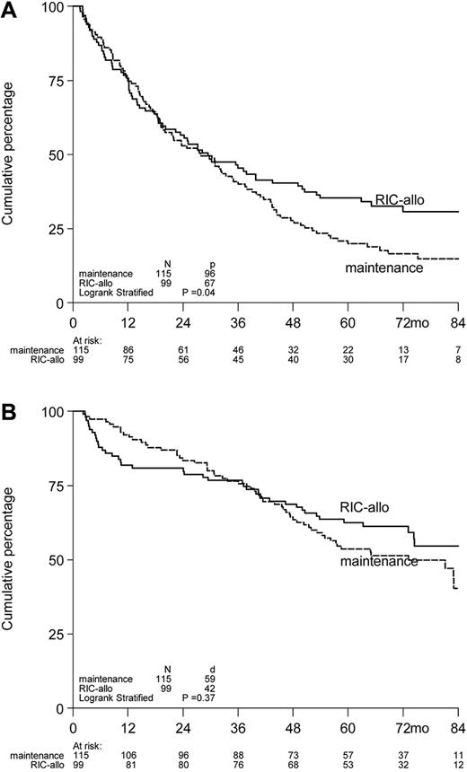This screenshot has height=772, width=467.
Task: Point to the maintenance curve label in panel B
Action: (x=378, y=562)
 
